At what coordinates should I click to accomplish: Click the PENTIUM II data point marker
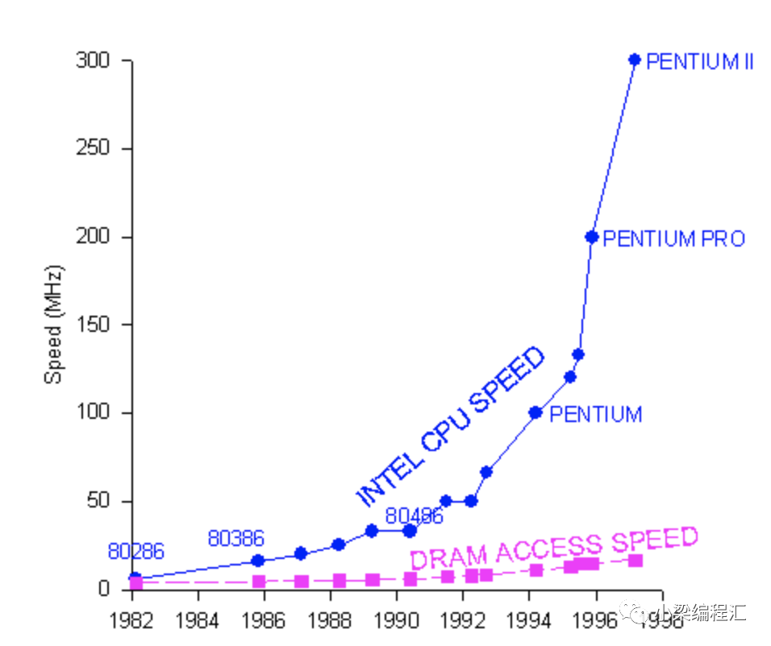(x=634, y=60)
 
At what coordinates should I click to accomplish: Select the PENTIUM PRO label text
(x=673, y=238)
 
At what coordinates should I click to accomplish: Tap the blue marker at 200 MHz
(x=591, y=237)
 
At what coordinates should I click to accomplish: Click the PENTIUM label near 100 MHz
(x=595, y=415)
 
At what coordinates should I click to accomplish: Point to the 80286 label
(x=135, y=552)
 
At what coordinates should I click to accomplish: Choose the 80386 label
(x=235, y=538)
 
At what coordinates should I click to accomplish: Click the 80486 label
(x=414, y=516)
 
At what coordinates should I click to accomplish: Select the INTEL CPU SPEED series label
(x=451, y=426)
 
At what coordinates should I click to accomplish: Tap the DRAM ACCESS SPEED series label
(x=553, y=548)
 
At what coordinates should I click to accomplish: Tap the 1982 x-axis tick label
(x=131, y=621)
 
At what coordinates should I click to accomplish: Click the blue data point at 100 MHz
(x=535, y=412)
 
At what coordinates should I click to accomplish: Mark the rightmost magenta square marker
(x=636, y=560)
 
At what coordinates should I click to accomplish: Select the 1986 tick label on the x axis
(x=264, y=621)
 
